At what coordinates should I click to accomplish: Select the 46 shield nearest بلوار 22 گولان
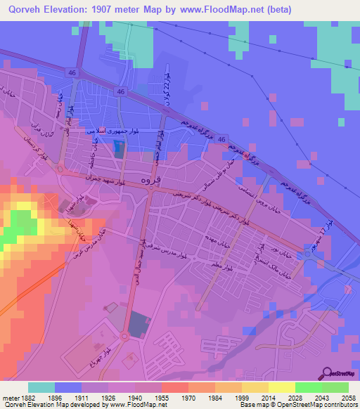(x=122, y=92)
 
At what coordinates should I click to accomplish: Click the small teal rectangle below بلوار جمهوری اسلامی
(x=117, y=149)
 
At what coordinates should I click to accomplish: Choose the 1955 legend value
(x=162, y=397)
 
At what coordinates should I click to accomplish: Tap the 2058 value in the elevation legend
(x=340, y=397)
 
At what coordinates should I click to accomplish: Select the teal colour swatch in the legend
(x=41, y=387)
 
